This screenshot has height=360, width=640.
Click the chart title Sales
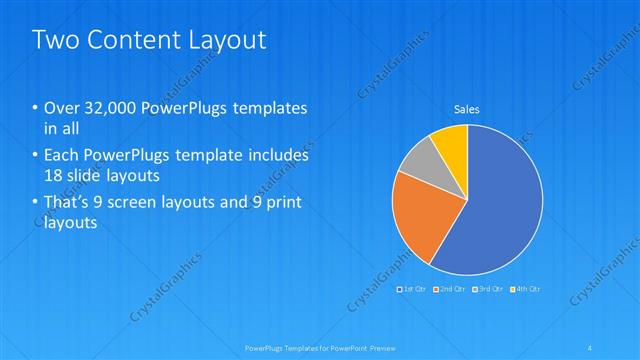(467, 108)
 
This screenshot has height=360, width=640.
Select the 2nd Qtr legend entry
(450, 289)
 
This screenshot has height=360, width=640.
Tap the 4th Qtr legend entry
(526, 289)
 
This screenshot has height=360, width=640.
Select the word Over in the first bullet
(59, 107)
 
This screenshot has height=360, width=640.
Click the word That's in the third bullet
(66, 204)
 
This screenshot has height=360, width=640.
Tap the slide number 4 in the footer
(591, 348)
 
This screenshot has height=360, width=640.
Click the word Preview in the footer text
(371, 348)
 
